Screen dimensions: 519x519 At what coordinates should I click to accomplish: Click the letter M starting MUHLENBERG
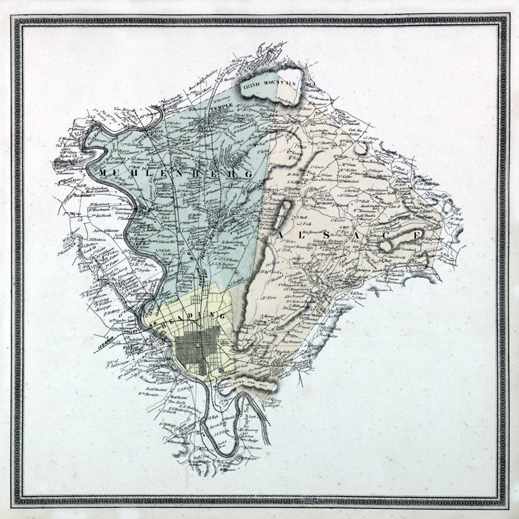click(103, 172)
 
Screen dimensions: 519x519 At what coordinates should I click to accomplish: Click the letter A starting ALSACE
click(282, 234)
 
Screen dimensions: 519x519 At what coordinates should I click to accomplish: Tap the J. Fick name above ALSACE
click(304, 223)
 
